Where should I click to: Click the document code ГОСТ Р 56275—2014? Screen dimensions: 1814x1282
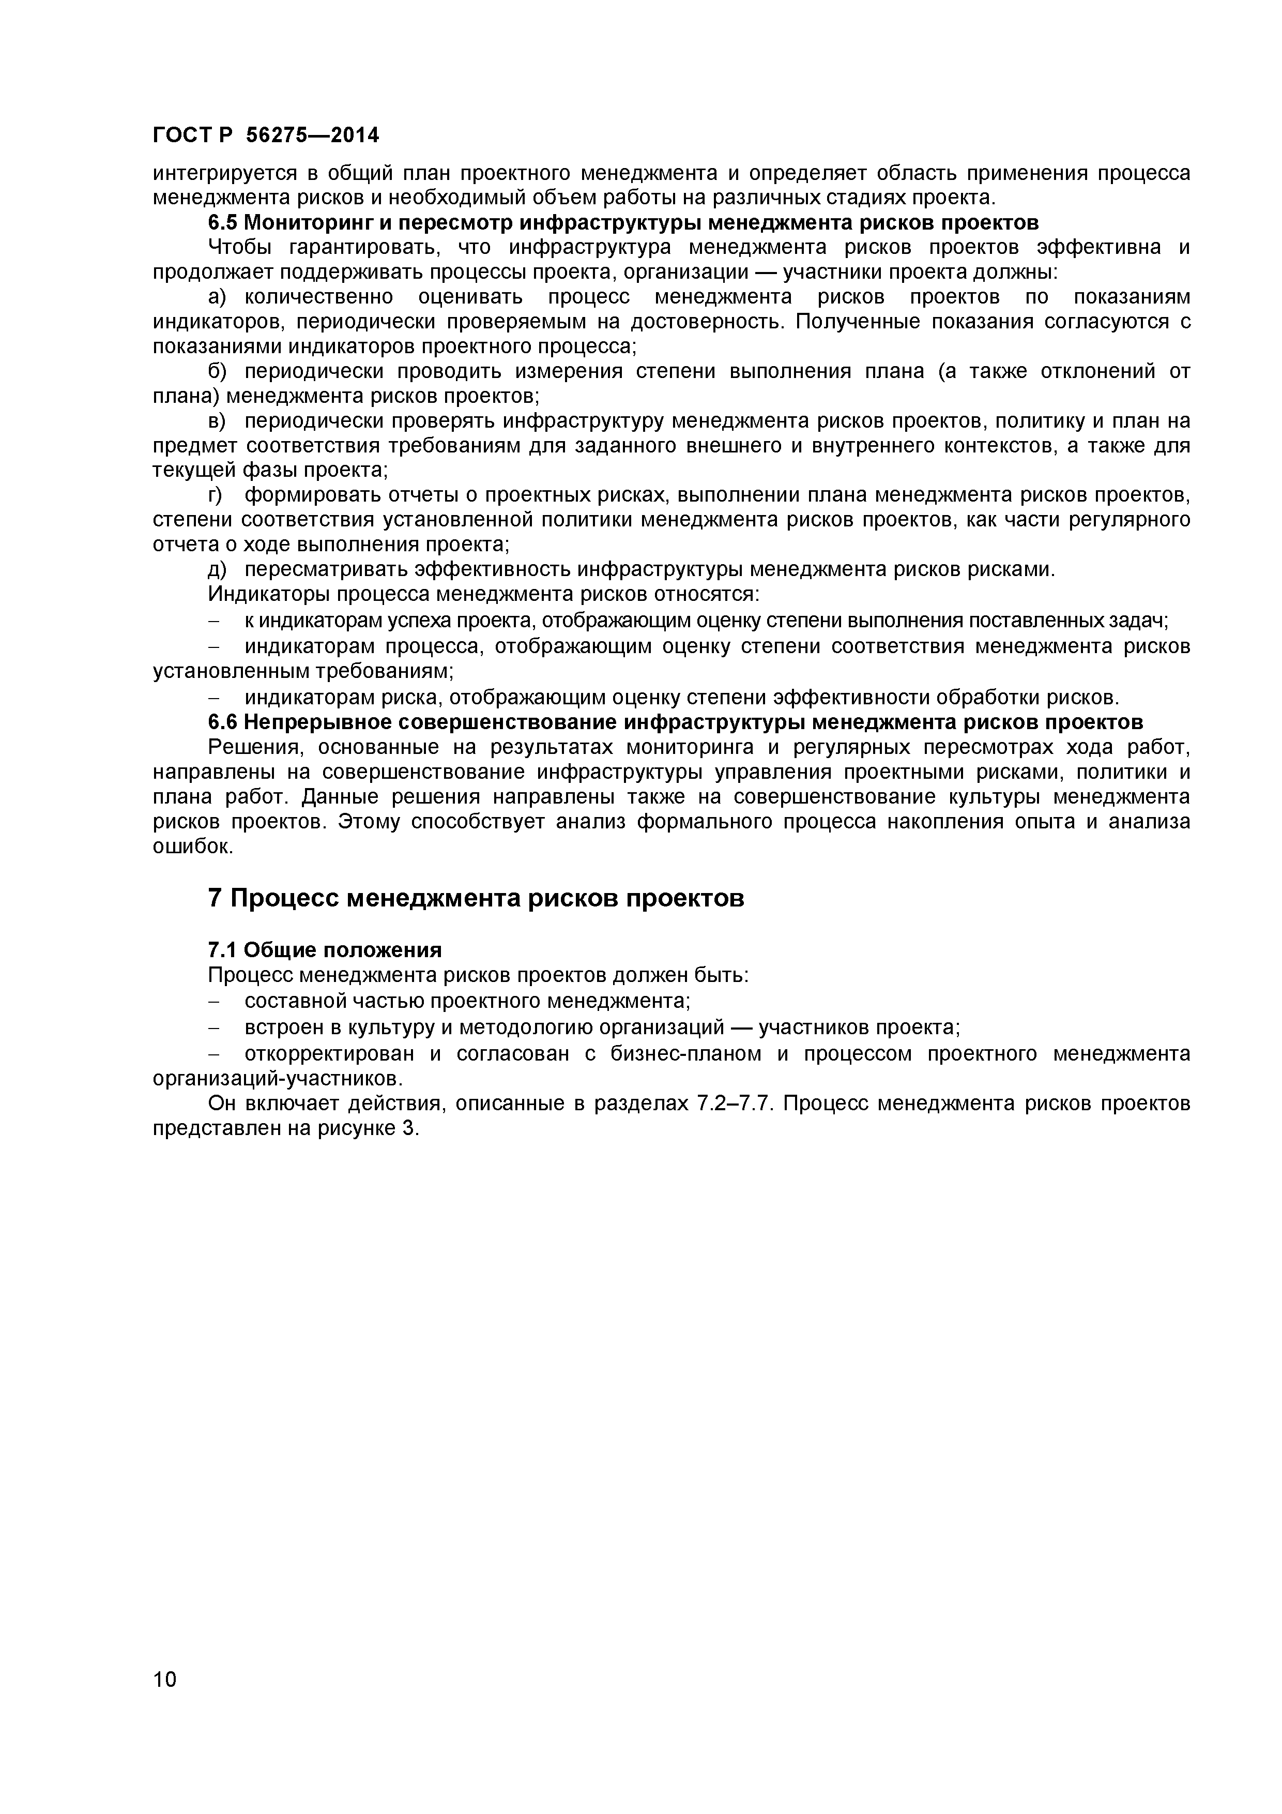265,136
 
